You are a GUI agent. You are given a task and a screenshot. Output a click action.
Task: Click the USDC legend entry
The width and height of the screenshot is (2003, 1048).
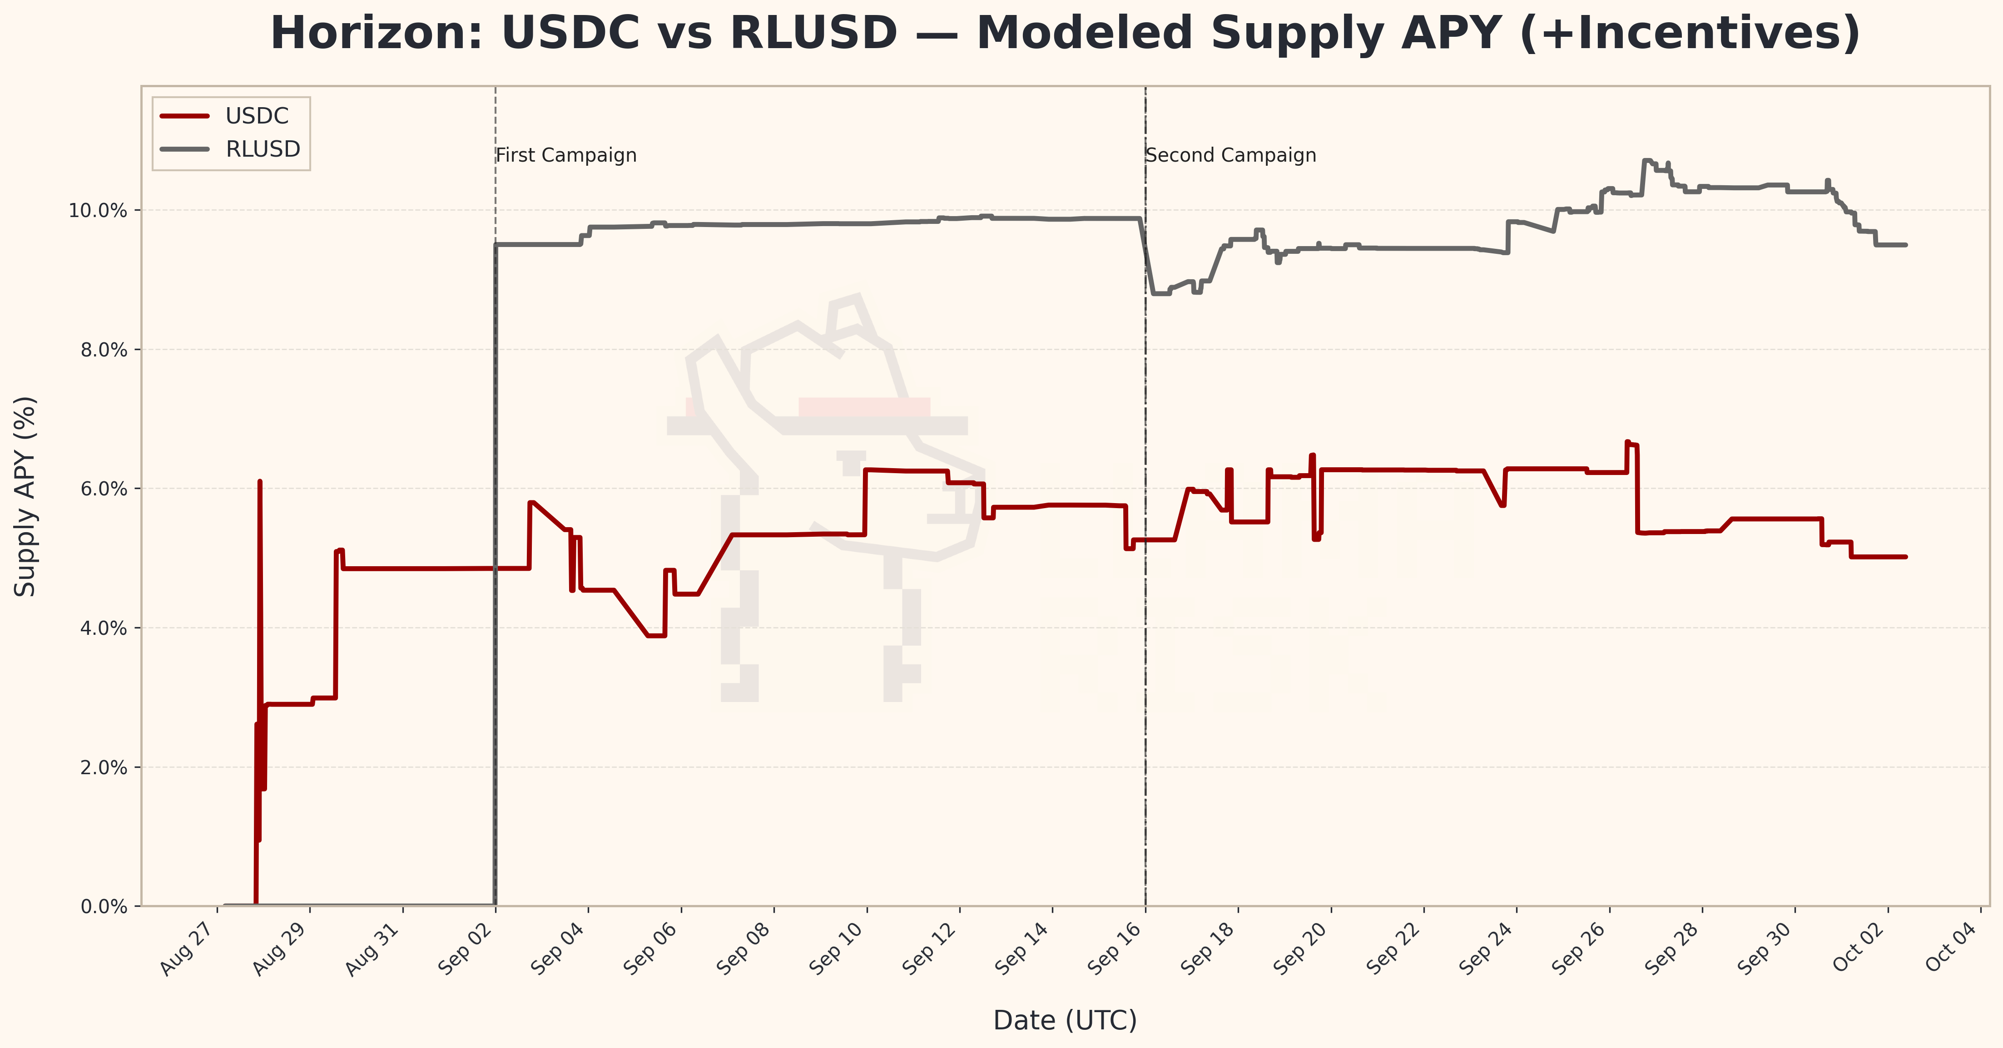pyautogui.click(x=257, y=116)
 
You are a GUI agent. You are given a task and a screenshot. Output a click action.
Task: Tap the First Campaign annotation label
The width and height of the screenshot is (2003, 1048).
pyautogui.click(x=566, y=155)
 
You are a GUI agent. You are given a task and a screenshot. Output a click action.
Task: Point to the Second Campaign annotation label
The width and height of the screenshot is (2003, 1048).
pyautogui.click(x=1231, y=155)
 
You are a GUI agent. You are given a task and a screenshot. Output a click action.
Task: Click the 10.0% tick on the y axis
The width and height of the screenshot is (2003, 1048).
pyautogui.click(x=98, y=211)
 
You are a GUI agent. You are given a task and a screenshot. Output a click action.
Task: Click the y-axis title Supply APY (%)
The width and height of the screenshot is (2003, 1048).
pyautogui.click(x=25, y=496)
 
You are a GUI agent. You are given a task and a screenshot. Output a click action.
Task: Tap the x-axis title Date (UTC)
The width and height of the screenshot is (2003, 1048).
pyautogui.click(x=1065, y=1020)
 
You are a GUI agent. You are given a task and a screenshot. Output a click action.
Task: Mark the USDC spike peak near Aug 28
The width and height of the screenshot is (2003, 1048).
pyautogui.click(x=260, y=482)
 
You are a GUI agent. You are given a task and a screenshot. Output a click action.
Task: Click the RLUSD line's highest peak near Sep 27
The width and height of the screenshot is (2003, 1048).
pyautogui.click(x=1646, y=161)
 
